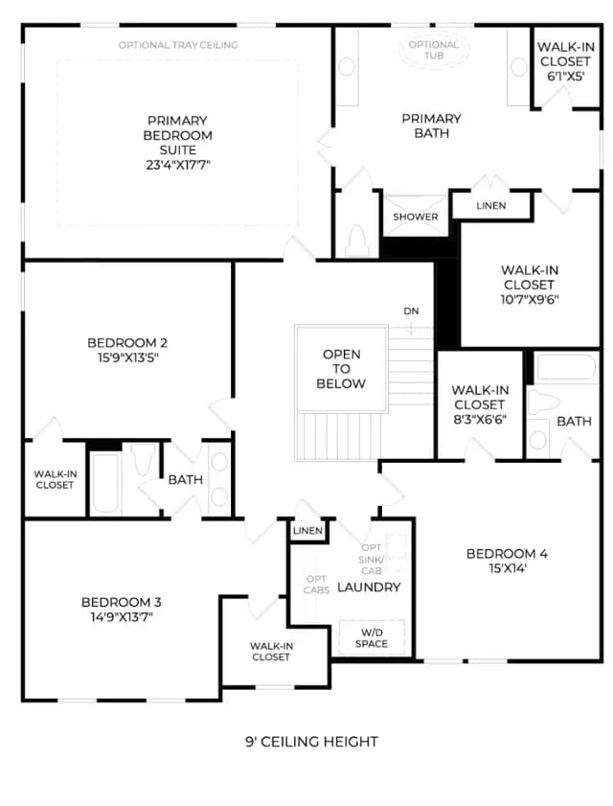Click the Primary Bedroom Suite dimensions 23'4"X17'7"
coord(178,165)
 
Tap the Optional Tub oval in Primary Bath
coord(434,49)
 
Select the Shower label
coord(415,217)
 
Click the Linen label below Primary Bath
coord(490,206)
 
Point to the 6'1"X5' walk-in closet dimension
coord(565,76)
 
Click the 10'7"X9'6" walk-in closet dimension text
coord(530,299)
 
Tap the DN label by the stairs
coord(411,311)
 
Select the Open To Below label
coord(341,369)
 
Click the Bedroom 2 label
coord(127,343)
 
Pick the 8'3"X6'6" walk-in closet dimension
coord(480,419)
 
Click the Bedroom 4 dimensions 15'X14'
coord(507,568)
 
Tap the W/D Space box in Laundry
coord(372,638)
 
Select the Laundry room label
coord(369,587)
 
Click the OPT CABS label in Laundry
coord(316,585)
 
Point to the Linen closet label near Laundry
coord(307,531)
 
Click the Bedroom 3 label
coord(122,602)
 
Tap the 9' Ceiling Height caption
coord(311,741)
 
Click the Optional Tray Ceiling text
coord(178,45)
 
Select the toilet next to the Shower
coord(356,241)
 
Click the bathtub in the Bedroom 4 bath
coord(565,368)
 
